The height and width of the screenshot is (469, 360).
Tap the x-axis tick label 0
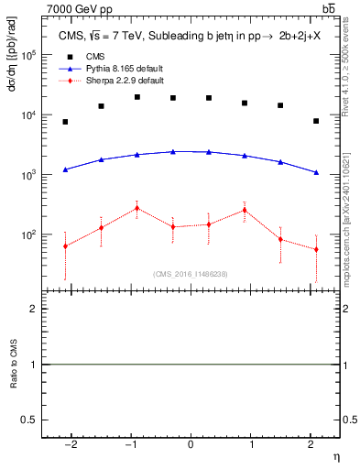[191, 443]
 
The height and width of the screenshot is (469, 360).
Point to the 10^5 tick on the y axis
[29, 55]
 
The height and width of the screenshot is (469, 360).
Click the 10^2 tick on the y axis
[29, 235]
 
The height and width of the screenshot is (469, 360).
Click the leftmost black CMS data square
[65, 122]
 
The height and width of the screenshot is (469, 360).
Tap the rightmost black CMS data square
[316, 121]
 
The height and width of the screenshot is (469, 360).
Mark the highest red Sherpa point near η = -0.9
[136, 208]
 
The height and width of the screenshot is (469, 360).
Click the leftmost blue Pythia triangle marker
[65, 169]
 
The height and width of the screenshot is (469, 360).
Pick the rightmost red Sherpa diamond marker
[316, 249]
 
